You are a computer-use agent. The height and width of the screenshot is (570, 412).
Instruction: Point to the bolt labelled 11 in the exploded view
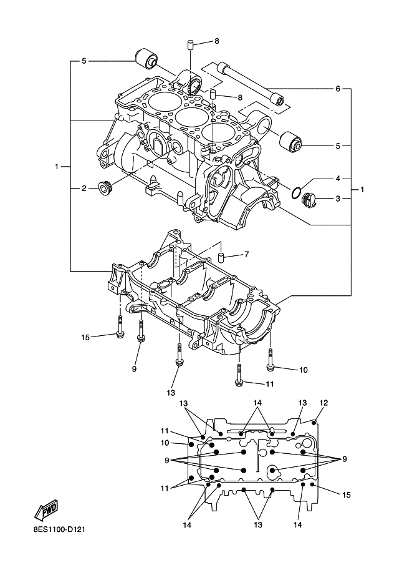(x=239, y=376)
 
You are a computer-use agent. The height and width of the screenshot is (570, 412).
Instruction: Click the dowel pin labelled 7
(x=221, y=258)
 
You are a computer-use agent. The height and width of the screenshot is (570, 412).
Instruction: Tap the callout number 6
(x=338, y=89)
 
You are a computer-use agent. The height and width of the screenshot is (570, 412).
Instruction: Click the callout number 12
(x=323, y=402)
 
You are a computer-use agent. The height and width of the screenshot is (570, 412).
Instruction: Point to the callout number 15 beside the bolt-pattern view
(x=347, y=494)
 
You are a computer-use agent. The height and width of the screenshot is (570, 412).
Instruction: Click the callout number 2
(x=84, y=187)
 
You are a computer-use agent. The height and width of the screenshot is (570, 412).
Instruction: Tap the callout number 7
(x=246, y=254)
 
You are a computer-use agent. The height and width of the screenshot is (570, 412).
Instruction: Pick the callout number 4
(x=338, y=179)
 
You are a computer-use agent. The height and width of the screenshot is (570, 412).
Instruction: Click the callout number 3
(x=338, y=199)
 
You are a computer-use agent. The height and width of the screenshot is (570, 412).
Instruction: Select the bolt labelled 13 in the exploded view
(x=179, y=356)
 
